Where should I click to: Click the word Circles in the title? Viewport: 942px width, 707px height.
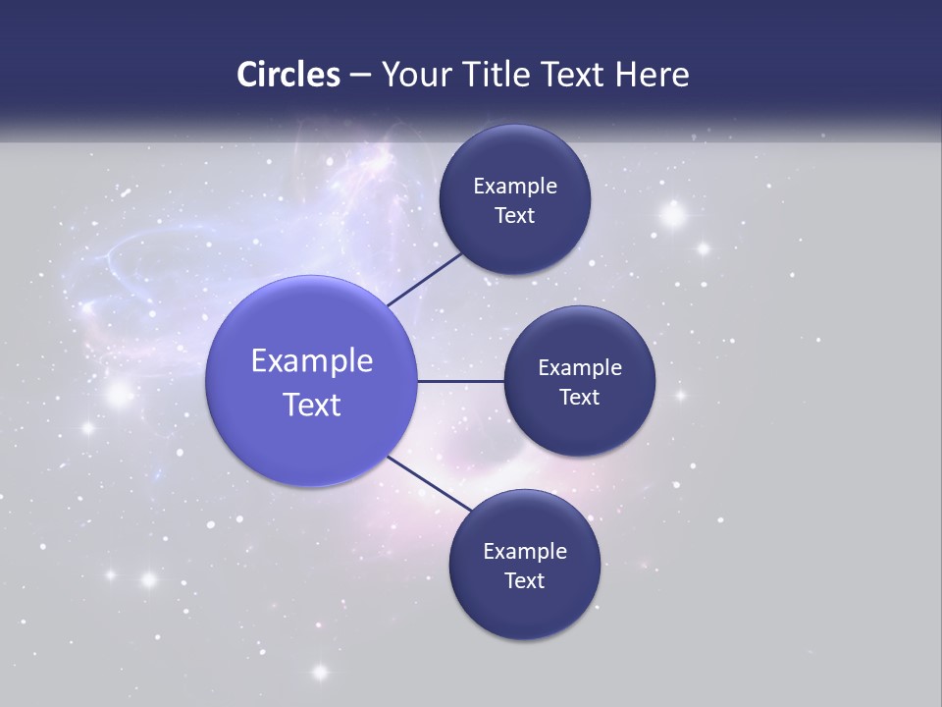point(288,74)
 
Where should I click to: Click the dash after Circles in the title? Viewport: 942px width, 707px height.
point(360,76)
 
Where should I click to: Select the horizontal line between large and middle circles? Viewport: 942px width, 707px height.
point(460,381)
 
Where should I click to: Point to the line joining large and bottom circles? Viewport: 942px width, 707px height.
point(429,482)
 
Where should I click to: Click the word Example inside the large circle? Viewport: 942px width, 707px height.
point(312,360)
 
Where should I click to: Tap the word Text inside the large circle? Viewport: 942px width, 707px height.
point(312,404)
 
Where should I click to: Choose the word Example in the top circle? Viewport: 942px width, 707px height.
point(515,186)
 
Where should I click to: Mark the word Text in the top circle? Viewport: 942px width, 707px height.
point(514,215)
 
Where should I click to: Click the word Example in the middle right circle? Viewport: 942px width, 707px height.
point(580,367)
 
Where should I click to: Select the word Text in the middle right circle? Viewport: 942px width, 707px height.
point(579,397)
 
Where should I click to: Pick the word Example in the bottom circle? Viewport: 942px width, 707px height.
point(525,551)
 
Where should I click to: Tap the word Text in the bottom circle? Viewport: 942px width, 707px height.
point(524,580)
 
